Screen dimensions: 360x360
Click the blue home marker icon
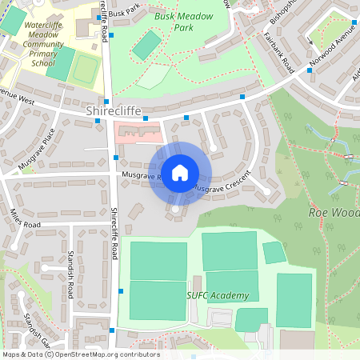(180, 173)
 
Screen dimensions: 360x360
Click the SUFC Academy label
(218, 296)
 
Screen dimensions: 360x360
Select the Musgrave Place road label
(38, 148)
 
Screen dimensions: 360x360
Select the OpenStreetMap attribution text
(81, 354)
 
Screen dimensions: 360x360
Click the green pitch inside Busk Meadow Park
(146, 45)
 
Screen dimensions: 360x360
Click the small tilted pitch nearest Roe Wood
(274, 252)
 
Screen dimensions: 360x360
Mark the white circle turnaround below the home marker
(175, 210)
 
